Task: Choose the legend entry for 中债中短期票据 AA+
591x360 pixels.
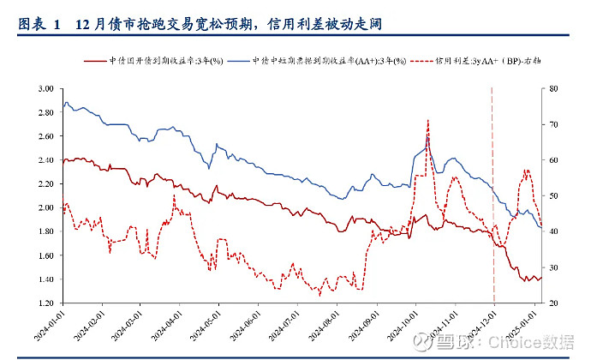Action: [326, 62]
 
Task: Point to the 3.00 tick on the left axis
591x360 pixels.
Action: [45, 88]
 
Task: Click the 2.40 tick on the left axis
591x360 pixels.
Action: [45, 160]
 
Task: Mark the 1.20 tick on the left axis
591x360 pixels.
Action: [45, 303]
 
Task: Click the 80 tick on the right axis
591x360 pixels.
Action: [553, 88]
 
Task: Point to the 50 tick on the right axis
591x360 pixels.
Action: [553, 196]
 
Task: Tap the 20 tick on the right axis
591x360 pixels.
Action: [553, 303]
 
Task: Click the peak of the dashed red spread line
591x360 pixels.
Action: [427, 121]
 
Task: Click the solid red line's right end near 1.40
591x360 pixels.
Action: [541, 277]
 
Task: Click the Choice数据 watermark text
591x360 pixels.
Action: [540, 342]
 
